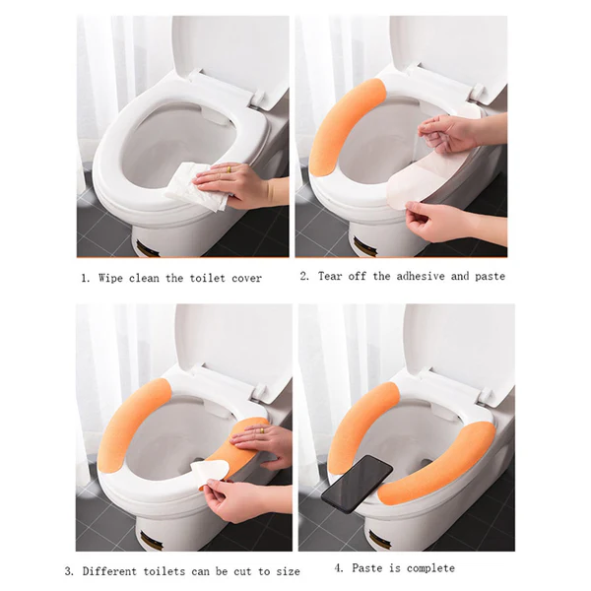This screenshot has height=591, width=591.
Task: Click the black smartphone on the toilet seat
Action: [357, 482]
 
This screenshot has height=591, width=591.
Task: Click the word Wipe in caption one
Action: [111, 279]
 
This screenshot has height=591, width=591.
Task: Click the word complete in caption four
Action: [429, 568]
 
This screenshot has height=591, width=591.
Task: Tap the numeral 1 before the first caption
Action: [85, 279]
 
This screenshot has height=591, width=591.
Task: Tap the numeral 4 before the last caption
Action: [338, 568]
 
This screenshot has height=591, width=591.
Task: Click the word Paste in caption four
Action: [368, 568]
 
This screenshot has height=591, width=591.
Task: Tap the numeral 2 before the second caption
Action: [304, 277]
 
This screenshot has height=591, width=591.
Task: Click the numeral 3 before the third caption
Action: [69, 571]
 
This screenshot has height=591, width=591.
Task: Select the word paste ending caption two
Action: [489, 277]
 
